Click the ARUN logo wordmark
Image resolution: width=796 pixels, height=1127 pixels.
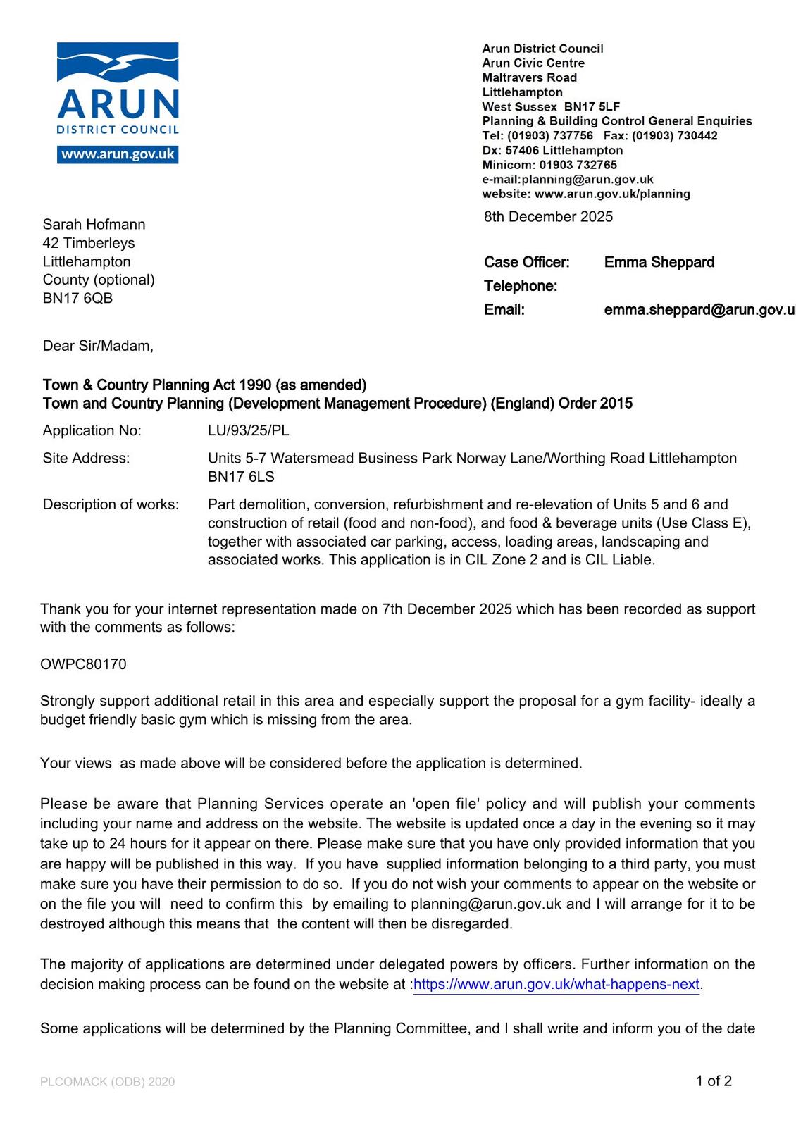118,104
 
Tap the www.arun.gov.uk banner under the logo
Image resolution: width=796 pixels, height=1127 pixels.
118,154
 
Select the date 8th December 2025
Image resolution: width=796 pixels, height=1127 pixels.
548,217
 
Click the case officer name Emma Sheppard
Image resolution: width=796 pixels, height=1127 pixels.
659,263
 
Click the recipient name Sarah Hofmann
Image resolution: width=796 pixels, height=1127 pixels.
94,225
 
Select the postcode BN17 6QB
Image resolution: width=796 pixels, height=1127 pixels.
77,298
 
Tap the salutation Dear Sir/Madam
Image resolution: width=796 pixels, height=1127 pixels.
97,346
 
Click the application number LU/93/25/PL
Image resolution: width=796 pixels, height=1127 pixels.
248,430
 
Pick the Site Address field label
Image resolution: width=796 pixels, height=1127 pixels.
86,459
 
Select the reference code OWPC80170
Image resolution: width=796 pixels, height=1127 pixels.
83,664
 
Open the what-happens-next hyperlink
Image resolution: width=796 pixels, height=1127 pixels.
556,984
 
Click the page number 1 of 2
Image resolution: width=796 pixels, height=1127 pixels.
714,1081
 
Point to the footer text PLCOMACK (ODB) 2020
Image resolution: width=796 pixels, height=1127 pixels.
107,1082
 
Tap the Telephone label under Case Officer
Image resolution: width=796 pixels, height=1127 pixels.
520,286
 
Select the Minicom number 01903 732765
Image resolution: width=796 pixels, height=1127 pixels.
578,165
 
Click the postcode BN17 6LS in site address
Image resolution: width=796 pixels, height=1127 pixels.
241,477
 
